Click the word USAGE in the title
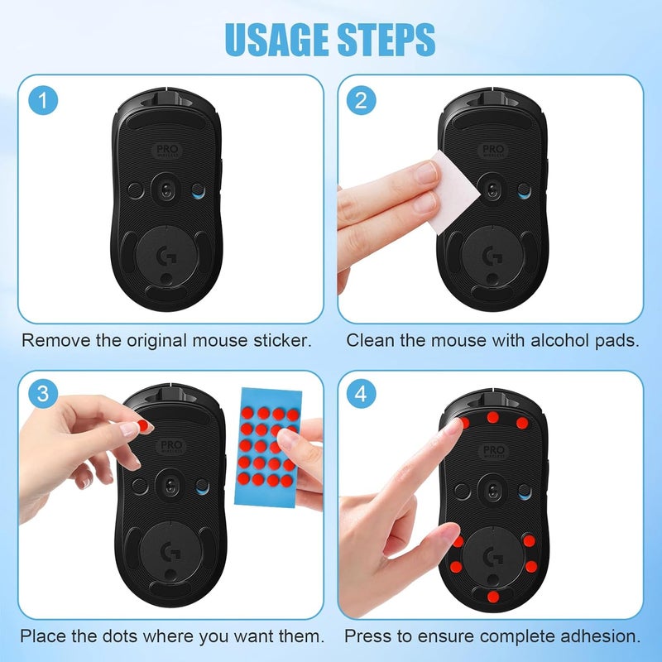278,39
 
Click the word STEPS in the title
386,39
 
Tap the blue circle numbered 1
43,100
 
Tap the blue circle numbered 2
361,100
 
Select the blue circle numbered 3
43,394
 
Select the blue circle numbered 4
361,394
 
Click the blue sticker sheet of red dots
269,447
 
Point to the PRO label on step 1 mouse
168,151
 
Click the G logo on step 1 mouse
167,256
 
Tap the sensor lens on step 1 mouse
166,191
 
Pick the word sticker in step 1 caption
282,340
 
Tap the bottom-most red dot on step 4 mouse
492,597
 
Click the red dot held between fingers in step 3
143,425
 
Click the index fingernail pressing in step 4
452,425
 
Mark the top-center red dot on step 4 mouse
492,417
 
